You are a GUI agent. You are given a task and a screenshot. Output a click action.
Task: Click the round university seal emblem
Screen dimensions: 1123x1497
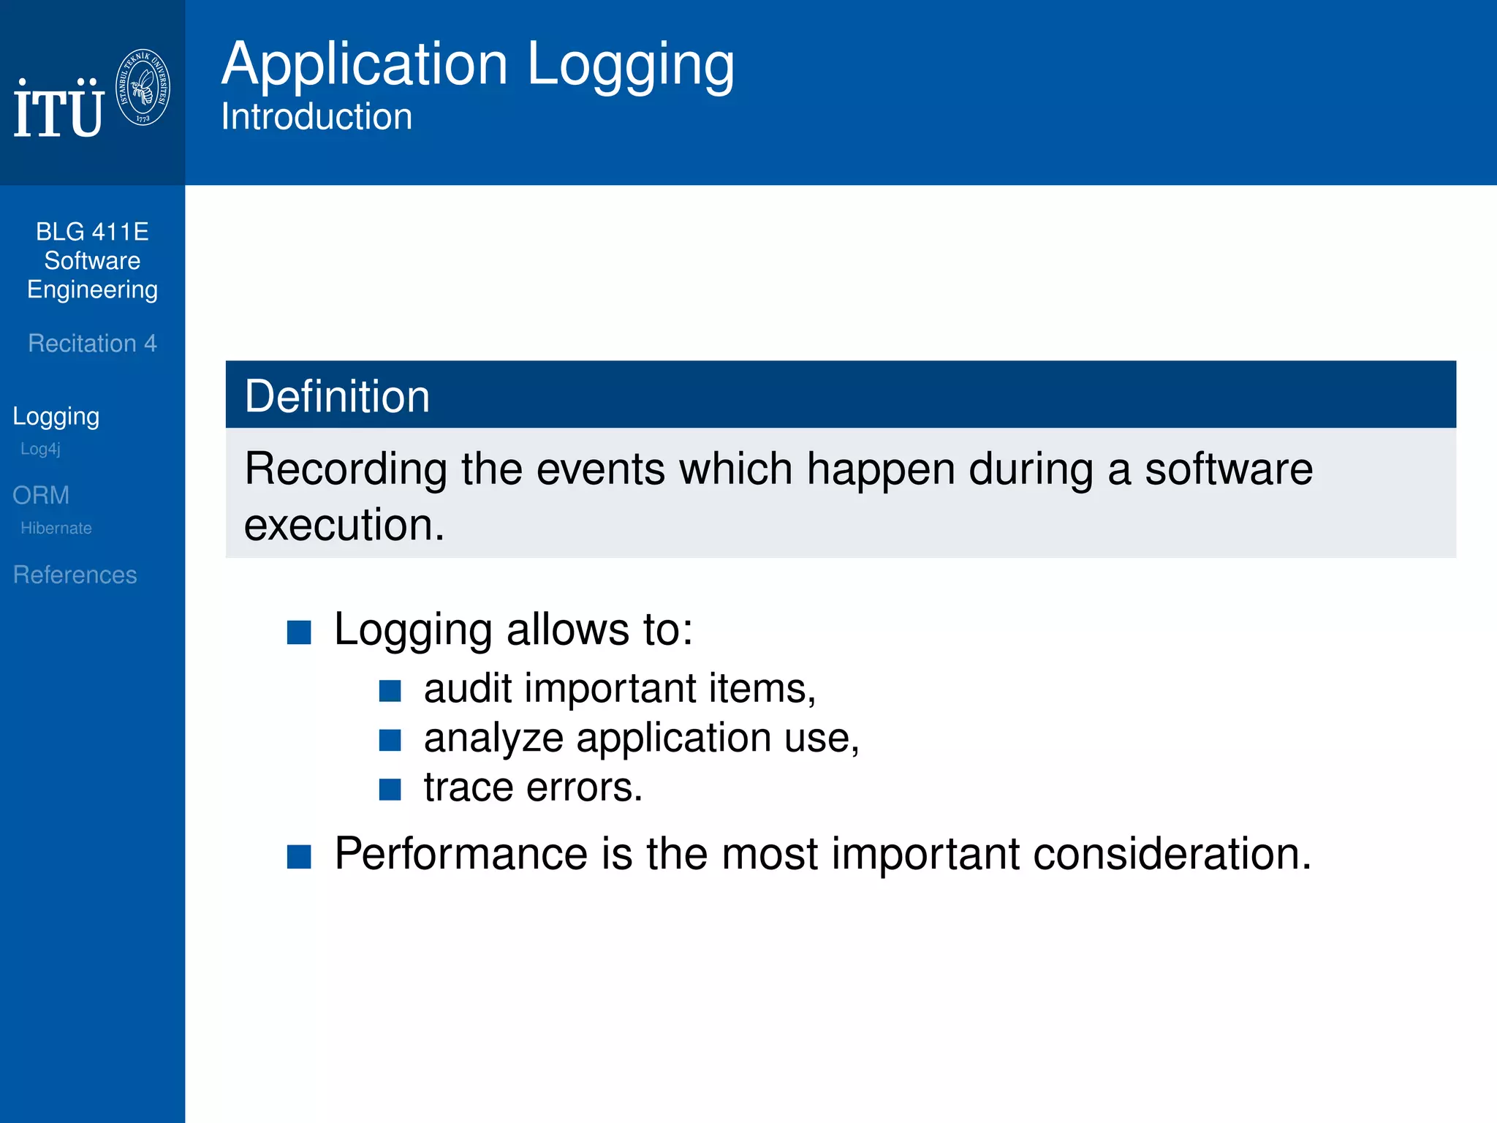pyautogui.click(x=143, y=88)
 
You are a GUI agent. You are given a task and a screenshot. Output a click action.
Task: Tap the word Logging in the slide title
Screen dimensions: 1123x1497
pyautogui.click(x=630, y=64)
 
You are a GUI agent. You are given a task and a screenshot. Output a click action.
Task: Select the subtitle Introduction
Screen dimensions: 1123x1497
pyautogui.click(x=317, y=117)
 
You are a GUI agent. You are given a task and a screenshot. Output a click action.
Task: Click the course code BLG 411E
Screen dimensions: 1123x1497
pyautogui.click(x=92, y=232)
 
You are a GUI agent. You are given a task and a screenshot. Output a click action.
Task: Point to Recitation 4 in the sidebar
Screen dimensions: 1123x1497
pyautogui.click(x=92, y=343)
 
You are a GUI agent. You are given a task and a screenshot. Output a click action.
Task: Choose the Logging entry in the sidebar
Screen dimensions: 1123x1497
pyautogui.click(x=56, y=416)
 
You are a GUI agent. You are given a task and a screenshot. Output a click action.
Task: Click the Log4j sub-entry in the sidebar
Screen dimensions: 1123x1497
pyautogui.click(x=40, y=449)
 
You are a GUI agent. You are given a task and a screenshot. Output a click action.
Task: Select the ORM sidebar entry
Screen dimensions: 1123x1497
pyautogui.click(x=41, y=495)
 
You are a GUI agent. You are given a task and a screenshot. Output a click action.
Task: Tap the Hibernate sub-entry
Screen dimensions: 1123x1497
pyautogui.click(x=56, y=528)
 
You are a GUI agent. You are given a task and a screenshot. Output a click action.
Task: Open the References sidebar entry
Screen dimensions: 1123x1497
pyautogui.click(x=75, y=575)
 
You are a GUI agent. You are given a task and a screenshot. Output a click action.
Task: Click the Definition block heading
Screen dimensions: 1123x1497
pyautogui.click(x=337, y=396)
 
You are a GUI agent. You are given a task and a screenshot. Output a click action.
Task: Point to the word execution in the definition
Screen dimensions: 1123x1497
pyautogui.click(x=344, y=525)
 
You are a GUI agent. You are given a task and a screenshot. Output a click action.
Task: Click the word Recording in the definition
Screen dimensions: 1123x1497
pyautogui.click(x=345, y=469)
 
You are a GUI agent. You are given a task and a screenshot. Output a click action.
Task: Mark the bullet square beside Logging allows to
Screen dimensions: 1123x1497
pyautogui.click(x=299, y=632)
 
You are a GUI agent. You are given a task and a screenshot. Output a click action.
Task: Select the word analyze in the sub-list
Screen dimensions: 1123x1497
pyautogui.click(x=493, y=738)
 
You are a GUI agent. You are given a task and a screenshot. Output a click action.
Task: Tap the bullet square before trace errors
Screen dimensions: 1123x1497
pyautogui.click(x=390, y=790)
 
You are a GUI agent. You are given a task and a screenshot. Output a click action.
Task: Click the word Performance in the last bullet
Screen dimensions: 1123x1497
pyautogui.click(x=461, y=853)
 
